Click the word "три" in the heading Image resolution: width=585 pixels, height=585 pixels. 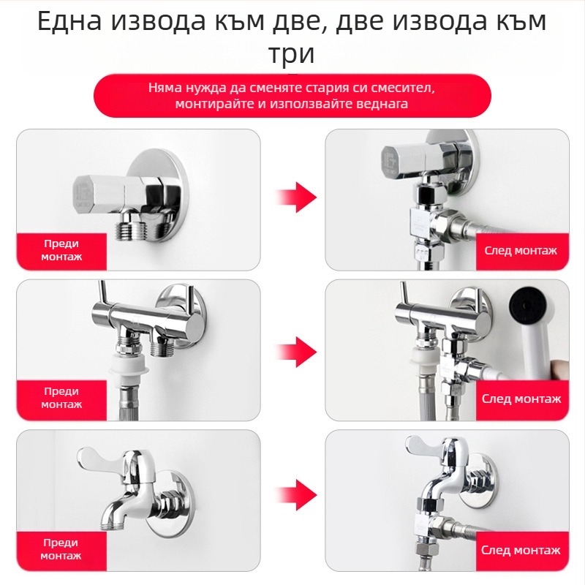(292, 55)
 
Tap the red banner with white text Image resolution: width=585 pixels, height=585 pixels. (292, 96)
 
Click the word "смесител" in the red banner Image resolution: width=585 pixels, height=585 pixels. (400, 88)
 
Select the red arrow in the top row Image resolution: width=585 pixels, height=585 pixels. (295, 197)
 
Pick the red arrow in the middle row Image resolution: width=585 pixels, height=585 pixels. (295, 351)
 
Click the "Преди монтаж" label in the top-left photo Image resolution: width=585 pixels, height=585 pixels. (61, 250)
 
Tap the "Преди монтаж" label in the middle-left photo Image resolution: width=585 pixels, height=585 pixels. (61, 399)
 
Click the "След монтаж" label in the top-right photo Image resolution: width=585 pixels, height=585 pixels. (521, 250)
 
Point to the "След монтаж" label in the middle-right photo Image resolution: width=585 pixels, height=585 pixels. (521, 399)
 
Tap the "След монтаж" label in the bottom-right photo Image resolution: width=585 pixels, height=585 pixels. (521, 550)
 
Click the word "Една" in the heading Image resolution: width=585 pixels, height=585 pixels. (69, 22)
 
